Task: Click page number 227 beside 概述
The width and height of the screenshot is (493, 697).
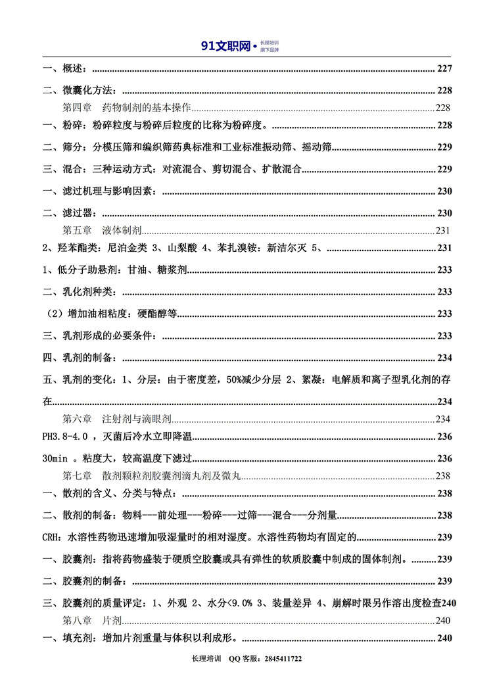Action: (x=444, y=69)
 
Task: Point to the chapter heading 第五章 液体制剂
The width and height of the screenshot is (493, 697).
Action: (x=102, y=231)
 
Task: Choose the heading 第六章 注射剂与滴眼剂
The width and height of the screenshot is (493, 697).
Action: (x=117, y=418)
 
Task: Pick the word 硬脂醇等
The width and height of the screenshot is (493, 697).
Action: (x=156, y=314)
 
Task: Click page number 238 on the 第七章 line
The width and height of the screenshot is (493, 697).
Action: (x=443, y=477)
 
